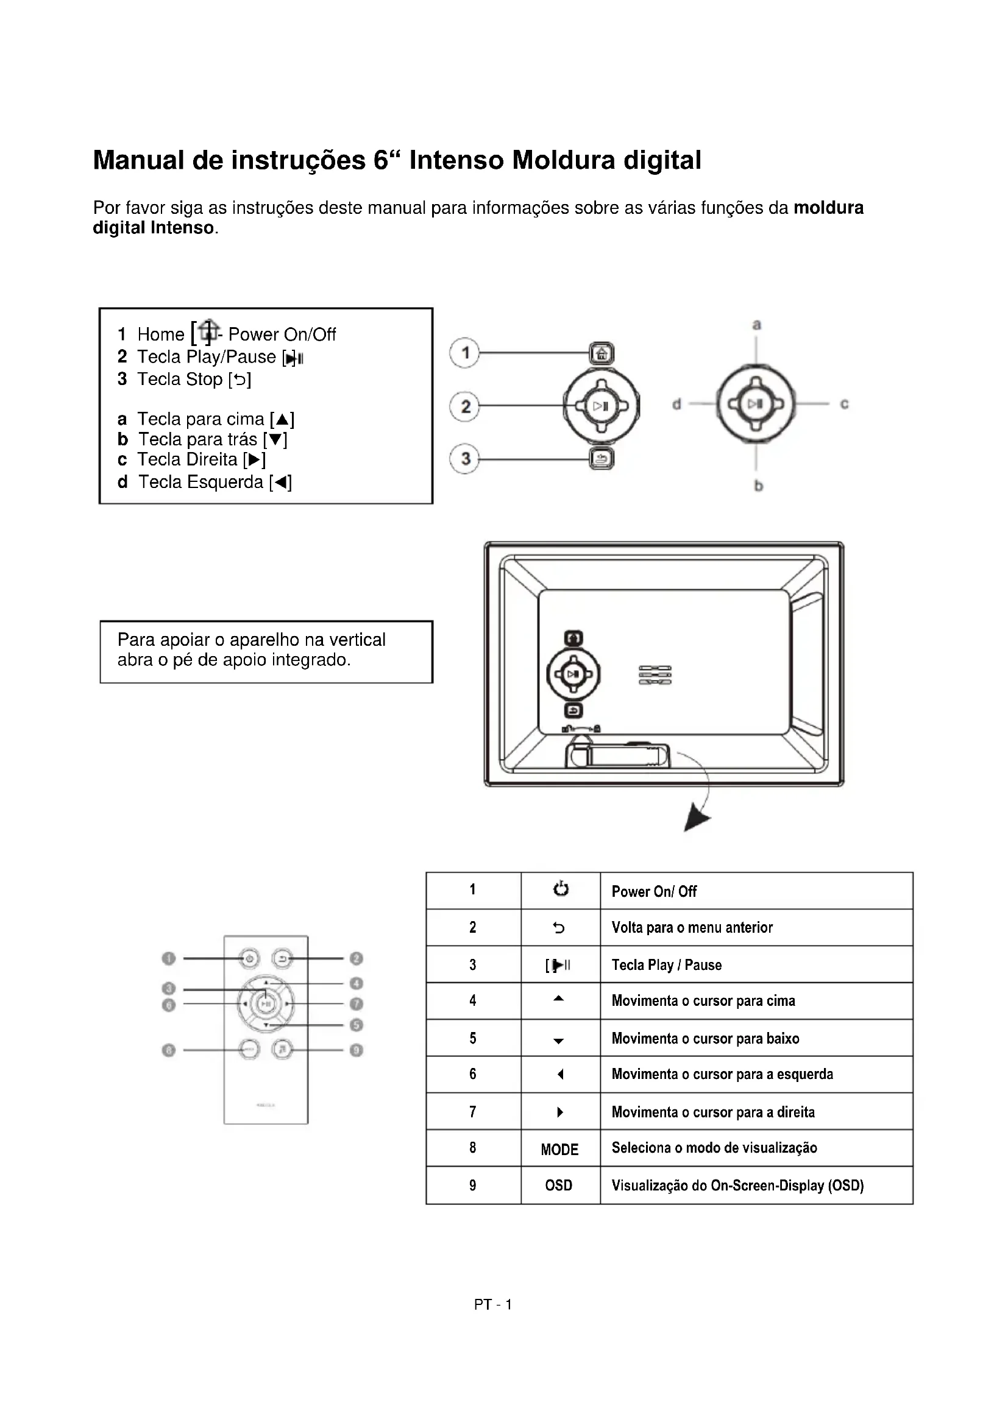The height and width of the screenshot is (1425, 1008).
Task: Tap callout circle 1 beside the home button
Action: (x=464, y=353)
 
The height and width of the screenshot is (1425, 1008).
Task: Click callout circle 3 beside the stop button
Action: (x=464, y=459)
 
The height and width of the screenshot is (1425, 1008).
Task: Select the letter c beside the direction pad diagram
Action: (x=844, y=404)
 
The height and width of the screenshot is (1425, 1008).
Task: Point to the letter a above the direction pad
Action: (x=757, y=325)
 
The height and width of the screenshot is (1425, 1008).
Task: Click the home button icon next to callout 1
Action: (x=602, y=354)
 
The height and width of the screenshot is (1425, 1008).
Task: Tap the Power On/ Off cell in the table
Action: (x=654, y=891)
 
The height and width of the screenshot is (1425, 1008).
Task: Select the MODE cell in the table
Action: (x=559, y=1150)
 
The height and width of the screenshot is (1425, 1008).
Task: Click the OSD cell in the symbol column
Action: (x=559, y=1186)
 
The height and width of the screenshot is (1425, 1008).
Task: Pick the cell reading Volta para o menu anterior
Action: (x=692, y=928)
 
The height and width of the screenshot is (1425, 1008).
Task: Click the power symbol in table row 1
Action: (x=561, y=889)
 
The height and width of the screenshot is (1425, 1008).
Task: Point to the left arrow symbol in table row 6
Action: (x=560, y=1074)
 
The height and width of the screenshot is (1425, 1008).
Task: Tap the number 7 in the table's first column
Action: (x=473, y=1112)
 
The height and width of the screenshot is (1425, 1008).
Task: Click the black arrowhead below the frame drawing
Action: (x=697, y=819)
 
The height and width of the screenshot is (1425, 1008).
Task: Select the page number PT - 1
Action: (x=493, y=1304)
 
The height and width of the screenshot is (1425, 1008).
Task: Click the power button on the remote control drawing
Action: (x=249, y=959)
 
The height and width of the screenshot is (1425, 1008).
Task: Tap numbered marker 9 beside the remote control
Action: (x=357, y=1050)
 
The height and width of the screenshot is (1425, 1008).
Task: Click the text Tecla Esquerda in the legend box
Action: (x=201, y=483)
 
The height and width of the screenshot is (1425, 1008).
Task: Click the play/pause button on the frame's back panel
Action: (x=573, y=674)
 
